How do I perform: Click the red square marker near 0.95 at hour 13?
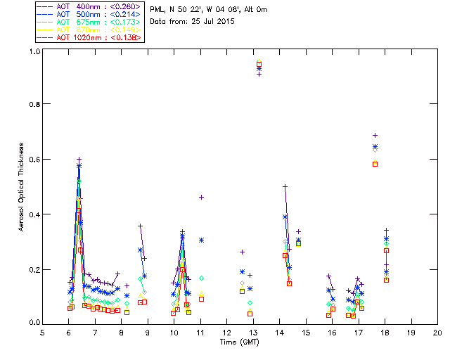click(x=259, y=65)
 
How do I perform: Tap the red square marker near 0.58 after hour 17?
click(x=375, y=164)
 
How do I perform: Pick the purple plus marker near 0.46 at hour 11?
click(x=201, y=197)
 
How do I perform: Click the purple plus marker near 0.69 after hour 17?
click(x=375, y=135)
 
